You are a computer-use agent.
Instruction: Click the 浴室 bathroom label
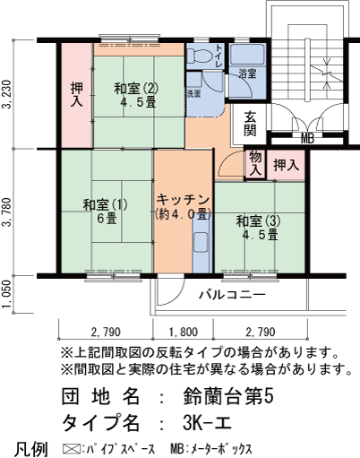tap(247, 74)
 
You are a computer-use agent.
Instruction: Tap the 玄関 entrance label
tap(250, 123)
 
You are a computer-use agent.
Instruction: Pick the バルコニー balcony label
tap(231, 293)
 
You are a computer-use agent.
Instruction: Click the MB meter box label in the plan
tap(307, 138)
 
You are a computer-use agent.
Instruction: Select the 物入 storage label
tap(255, 163)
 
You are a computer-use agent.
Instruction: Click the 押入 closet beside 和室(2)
tap(76, 95)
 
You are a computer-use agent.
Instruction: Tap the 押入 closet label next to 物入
tap(287, 165)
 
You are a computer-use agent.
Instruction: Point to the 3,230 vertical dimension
tap(8, 95)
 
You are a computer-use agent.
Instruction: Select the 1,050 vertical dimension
tap(8, 294)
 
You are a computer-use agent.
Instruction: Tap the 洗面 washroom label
tap(193, 92)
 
